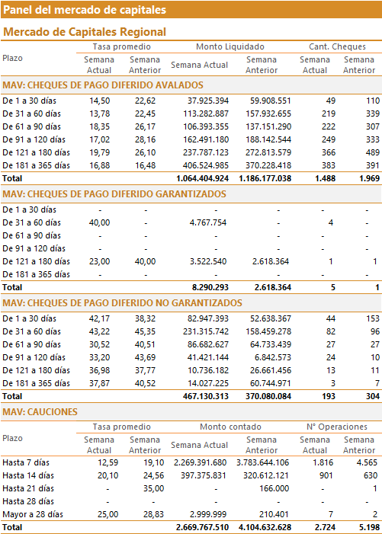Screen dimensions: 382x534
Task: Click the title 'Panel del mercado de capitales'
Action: click(x=85, y=10)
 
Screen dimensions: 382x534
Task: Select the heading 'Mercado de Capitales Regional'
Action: click(x=85, y=32)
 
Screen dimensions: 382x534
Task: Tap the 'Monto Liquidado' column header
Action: click(x=230, y=46)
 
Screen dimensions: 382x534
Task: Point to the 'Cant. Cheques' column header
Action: click(x=337, y=46)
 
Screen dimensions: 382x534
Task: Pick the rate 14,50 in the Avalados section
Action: click(x=100, y=101)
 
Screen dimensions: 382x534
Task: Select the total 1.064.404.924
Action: click(x=202, y=178)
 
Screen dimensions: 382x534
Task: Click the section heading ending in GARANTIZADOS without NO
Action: click(x=114, y=194)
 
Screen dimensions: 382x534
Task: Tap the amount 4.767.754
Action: click(x=208, y=222)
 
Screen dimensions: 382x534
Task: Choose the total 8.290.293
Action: click(x=210, y=287)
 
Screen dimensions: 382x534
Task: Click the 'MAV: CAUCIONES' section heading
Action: click(x=40, y=412)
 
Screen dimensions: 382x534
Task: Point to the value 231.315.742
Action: click(x=206, y=331)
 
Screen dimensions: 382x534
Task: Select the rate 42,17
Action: click(x=100, y=318)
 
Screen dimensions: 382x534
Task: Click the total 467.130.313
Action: click(x=206, y=396)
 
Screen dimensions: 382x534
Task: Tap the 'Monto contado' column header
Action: click(x=230, y=427)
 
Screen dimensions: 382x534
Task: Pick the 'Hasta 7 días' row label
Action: click(x=26, y=462)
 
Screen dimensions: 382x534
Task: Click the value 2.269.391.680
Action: click(x=200, y=462)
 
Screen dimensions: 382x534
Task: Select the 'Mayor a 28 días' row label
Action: click(x=33, y=514)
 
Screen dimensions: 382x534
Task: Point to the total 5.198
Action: click(x=369, y=528)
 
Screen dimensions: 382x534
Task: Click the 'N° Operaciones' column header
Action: click(x=337, y=427)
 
